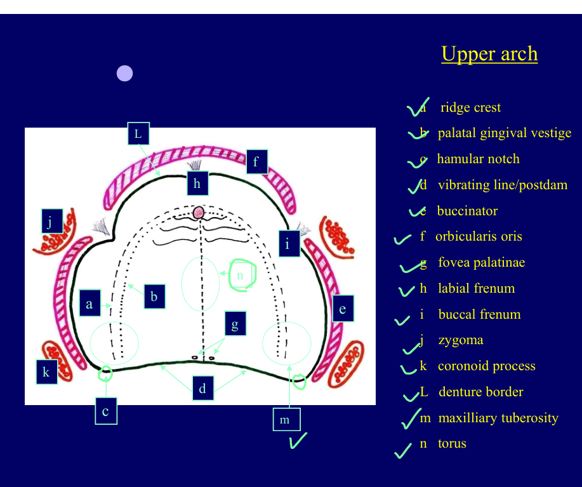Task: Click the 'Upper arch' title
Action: tap(489, 54)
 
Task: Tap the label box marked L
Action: tap(138, 133)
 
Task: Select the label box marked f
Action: tap(256, 161)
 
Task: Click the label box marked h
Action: tap(197, 183)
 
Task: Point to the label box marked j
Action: tap(50, 221)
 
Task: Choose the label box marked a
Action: tap(89, 304)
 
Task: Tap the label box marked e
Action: tap(343, 309)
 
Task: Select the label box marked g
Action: tap(235, 325)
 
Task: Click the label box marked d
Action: tap(202, 389)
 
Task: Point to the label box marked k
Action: tap(46, 372)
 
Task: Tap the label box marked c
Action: tap(105, 411)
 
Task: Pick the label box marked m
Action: tap(286, 420)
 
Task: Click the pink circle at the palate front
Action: tap(199, 212)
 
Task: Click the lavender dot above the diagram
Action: tap(124, 74)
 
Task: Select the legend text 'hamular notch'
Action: tap(478, 159)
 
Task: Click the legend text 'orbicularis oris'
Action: tap(479, 237)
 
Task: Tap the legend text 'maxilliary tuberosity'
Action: tap(498, 418)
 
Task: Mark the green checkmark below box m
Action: tap(298, 440)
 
